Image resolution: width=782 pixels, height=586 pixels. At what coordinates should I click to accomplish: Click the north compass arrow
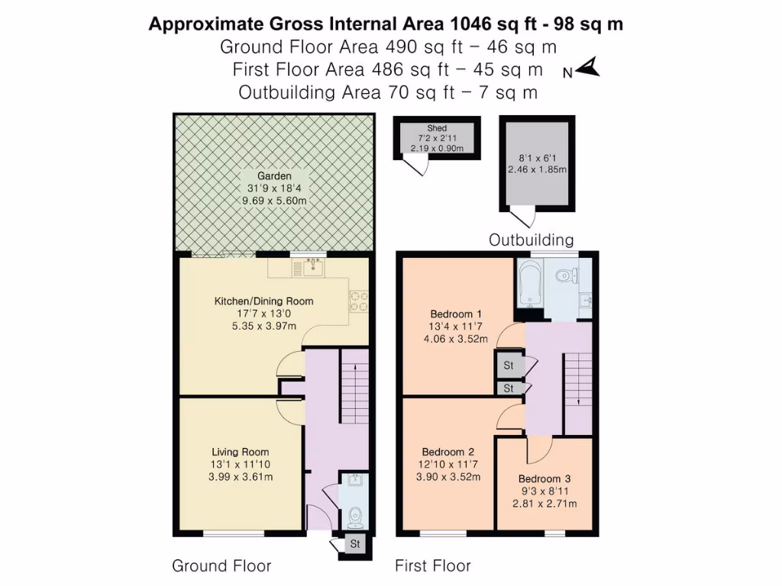click(x=590, y=69)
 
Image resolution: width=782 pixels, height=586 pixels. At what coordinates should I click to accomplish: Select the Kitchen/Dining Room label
click(x=263, y=301)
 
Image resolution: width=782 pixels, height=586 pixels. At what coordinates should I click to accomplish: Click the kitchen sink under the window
click(x=312, y=267)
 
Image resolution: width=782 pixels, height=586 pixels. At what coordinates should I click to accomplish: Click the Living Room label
click(x=241, y=452)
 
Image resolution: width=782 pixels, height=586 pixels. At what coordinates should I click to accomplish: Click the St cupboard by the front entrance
click(x=354, y=544)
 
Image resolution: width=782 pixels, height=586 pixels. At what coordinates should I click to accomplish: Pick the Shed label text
click(x=437, y=128)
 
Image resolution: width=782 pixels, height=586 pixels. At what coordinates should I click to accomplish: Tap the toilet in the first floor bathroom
click(x=564, y=276)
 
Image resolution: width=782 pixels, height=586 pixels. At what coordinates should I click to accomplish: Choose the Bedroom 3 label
click(x=544, y=478)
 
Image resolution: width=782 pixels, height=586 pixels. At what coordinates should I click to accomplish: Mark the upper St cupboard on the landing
click(x=509, y=366)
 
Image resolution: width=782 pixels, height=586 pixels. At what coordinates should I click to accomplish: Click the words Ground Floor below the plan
click(x=221, y=565)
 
